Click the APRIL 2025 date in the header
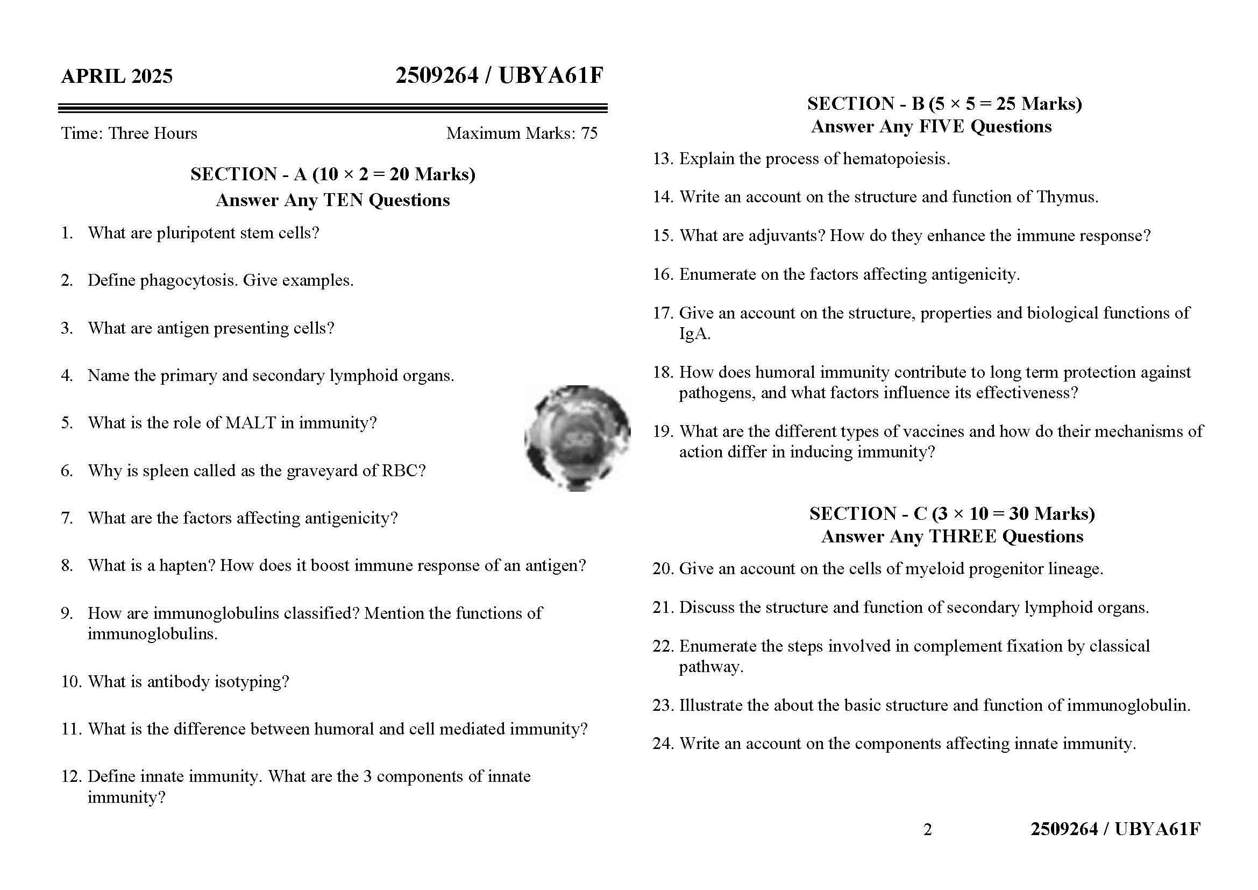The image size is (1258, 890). pyautogui.click(x=117, y=76)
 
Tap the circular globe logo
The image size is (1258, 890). pyautogui.click(x=577, y=438)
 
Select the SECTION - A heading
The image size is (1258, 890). pyautogui.click(x=332, y=174)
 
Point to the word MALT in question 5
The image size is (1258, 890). pyautogui.click(x=251, y=422)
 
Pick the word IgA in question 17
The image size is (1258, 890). pyautogui.click(x=694, y=333)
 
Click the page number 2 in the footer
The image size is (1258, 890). pyautogui.click(x=927, y=829)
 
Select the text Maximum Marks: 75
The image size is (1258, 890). pyautogui.click(x=522, y=133)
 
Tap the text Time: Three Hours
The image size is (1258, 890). pyautogui.click(x=129, y=133)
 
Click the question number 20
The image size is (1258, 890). pyautogui.click(x=663, y=568)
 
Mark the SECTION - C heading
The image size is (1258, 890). pyautogui.click(x=952, y=513)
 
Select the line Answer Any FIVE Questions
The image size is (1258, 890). pyautogui.click(x=931, y=126)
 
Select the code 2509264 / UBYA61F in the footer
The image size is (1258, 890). pyautogui.click(x=1115, y=829)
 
